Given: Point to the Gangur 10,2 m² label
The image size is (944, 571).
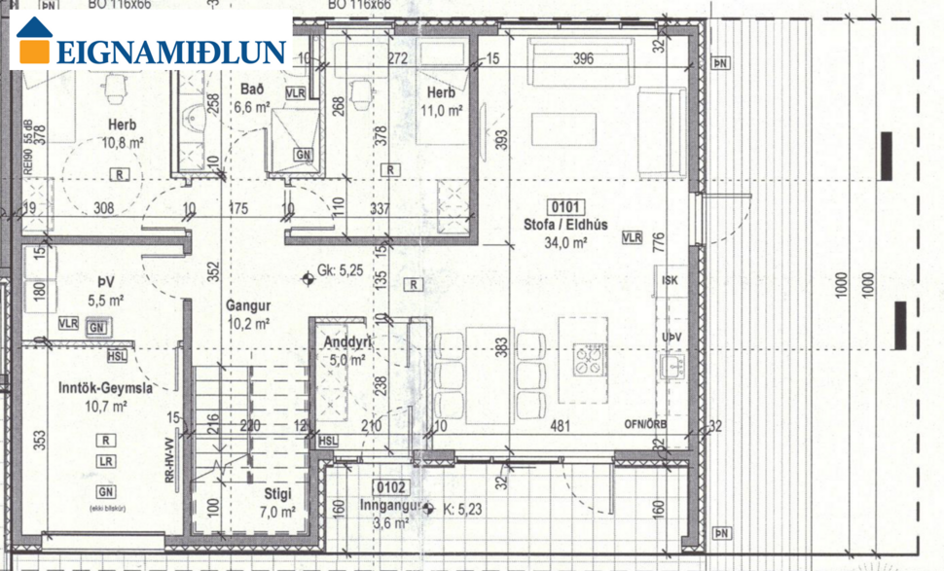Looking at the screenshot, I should click(x=248, y=313).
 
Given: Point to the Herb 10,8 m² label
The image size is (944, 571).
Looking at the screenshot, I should click(x=123, y=133).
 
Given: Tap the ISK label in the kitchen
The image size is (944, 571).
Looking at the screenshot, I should click(x=669, y=281).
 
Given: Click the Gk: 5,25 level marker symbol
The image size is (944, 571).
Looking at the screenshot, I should click(x=309, y=278).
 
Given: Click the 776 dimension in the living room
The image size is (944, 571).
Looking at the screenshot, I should click(x=658, y=239).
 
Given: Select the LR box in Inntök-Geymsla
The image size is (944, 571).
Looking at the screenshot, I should click(x=106, y=460).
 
